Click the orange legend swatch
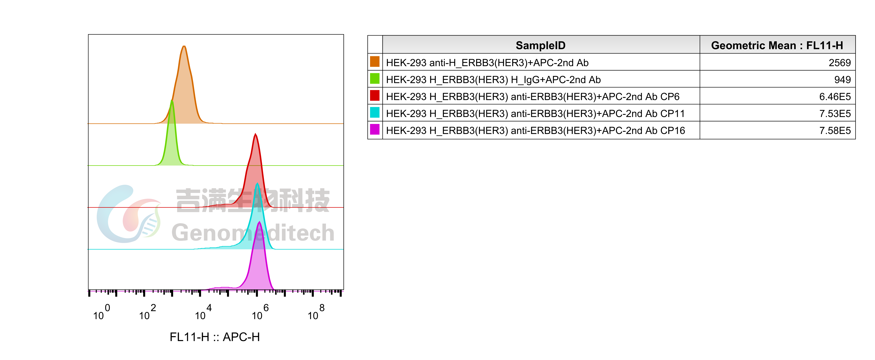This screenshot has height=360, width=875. [375, 62]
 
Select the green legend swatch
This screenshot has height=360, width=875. [375, 78]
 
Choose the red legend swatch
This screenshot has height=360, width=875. [375, 95]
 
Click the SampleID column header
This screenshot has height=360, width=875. [540, 45]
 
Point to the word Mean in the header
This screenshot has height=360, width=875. [781, 45]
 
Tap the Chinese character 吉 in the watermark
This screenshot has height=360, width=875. [188, 200]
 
